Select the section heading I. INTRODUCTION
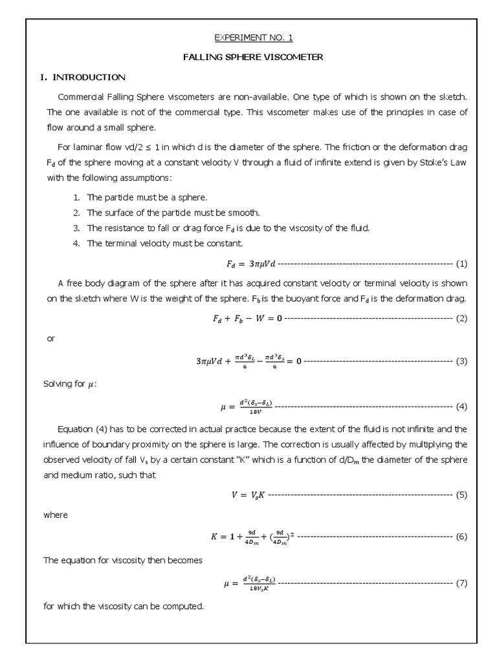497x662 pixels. [83, 77]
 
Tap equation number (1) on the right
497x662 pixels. [461, 264]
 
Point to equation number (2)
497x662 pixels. [461, 318]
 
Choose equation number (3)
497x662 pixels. [461, 361]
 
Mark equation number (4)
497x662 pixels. [461, 407]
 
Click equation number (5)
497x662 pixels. [461, 495]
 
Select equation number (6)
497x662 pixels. [461, 537]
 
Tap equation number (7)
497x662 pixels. [461, 583]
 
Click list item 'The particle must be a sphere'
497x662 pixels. [147, 197]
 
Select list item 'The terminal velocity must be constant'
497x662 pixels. [164, 243]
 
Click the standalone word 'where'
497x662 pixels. [55, 515]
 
